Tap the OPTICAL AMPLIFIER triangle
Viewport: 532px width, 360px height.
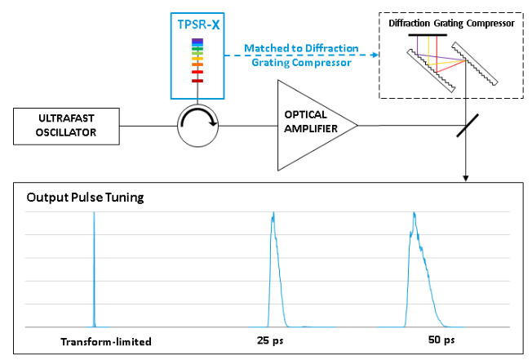(310, 125)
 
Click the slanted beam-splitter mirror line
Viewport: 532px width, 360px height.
(466, 125)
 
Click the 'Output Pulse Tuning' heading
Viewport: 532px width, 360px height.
(74, 198)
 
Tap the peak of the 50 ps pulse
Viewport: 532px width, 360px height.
(415, 214)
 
